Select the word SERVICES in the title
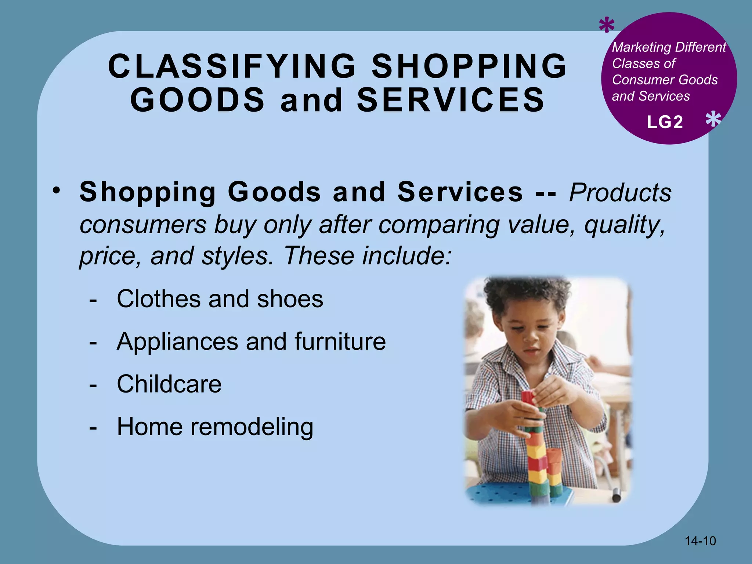[451, 100]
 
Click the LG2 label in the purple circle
[665, 122]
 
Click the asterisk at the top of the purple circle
[606, 26]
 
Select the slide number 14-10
[700, 541]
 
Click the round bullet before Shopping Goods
[56, 191]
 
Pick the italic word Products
[620, 192]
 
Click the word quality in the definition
[624, 224]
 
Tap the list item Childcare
[169, 384]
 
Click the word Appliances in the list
[177, 341]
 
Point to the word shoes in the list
[290, 299]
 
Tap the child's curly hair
[525, 294]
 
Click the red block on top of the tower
[528, 397]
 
